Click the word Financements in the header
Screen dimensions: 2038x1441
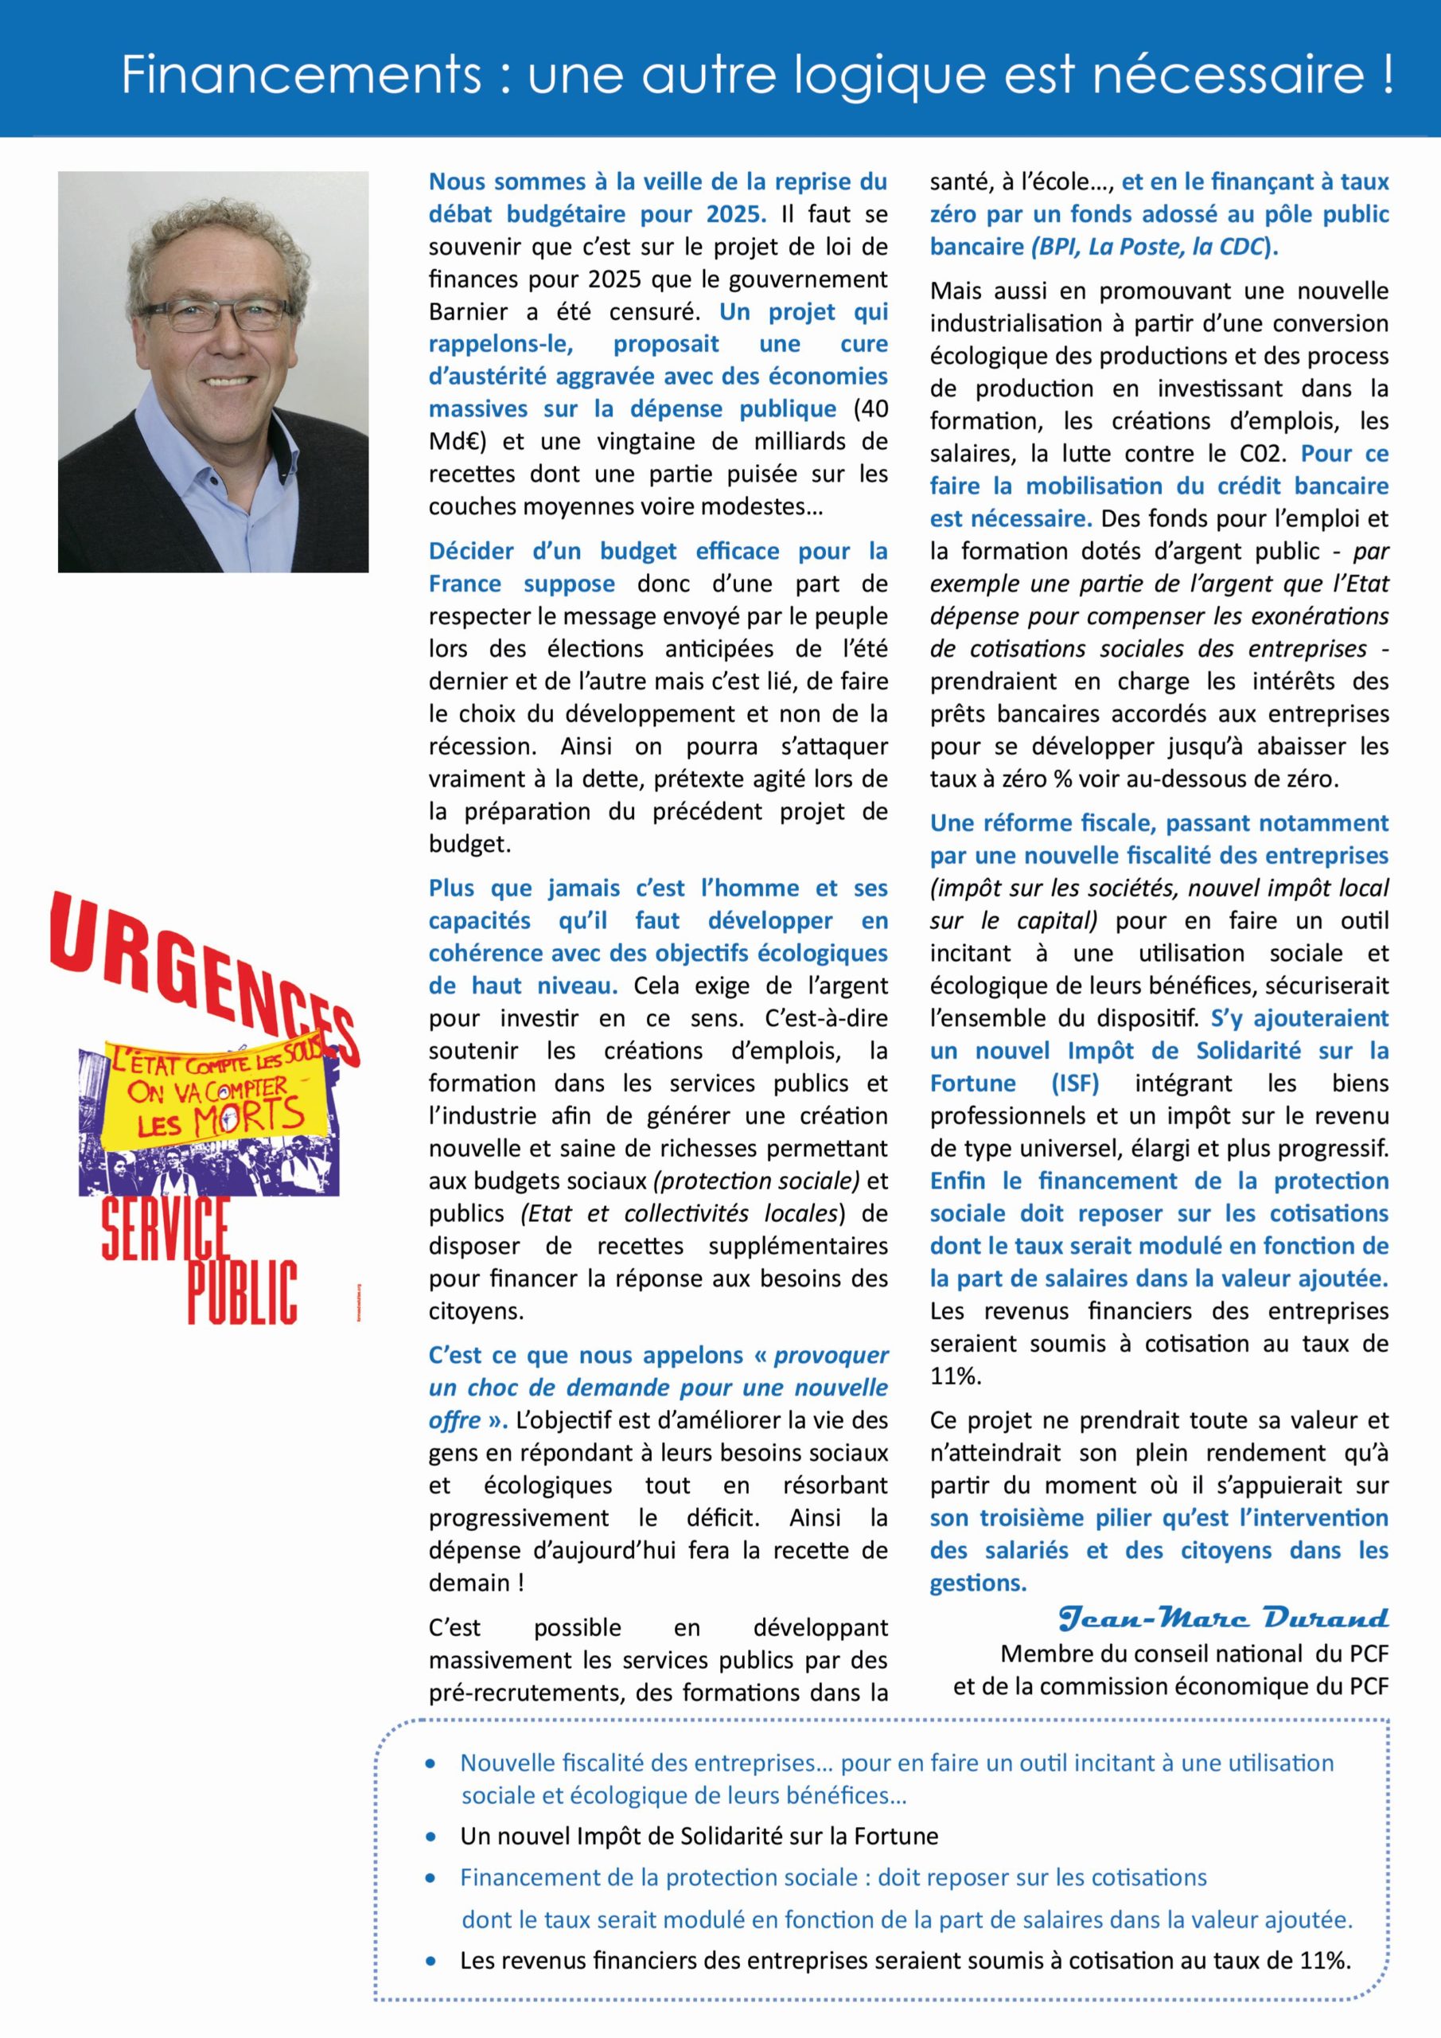click(x=302, y=75)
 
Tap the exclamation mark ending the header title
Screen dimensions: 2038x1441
click(x=1386, y=75)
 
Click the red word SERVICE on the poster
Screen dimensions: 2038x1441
click(x=166, y=1229)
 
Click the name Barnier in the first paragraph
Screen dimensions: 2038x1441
click(x=469, y=311)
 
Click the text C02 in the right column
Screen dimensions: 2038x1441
click(x=1264, y=454)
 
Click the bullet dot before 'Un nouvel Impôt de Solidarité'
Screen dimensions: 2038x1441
click(x=431, y=1837)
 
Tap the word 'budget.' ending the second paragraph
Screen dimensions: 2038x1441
click(x=469, y=844)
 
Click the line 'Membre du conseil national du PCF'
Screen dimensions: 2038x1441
click(x=1194, y=1653)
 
